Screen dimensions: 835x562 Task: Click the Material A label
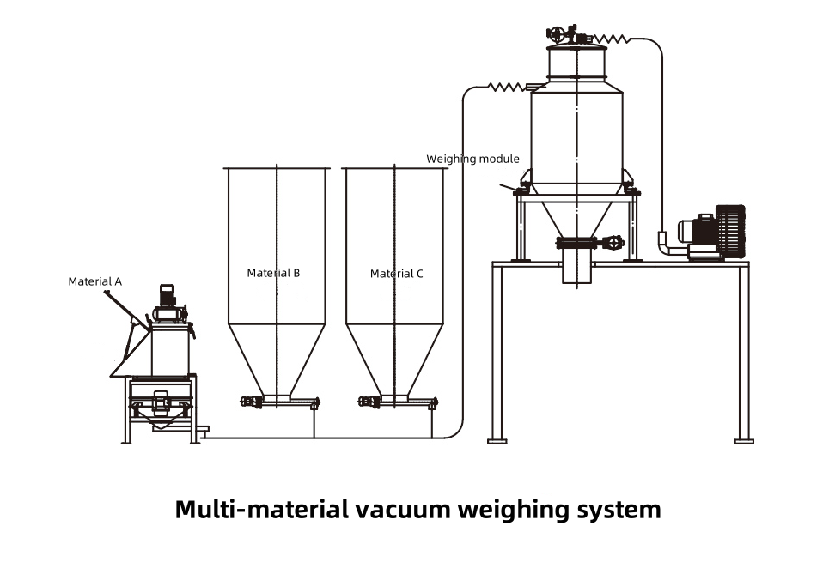click(x=94, y=281)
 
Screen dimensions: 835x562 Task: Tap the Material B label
click(x=273, y=273)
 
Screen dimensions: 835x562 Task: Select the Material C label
click(x=397, y=274)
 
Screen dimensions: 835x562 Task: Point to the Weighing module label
click(x=472, y=159)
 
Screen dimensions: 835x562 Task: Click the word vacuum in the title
click(x=400, y=509)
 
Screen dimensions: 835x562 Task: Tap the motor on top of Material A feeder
click(x=168, y=296)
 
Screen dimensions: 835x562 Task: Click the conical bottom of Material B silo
click(x=277, y=360)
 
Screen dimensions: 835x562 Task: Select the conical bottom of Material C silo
click(x=394, y=360)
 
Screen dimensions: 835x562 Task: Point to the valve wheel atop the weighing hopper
click(x=556, y=34)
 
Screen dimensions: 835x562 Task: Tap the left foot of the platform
click(x=497, y=441)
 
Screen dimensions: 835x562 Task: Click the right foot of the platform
click(x=744, y=441)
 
